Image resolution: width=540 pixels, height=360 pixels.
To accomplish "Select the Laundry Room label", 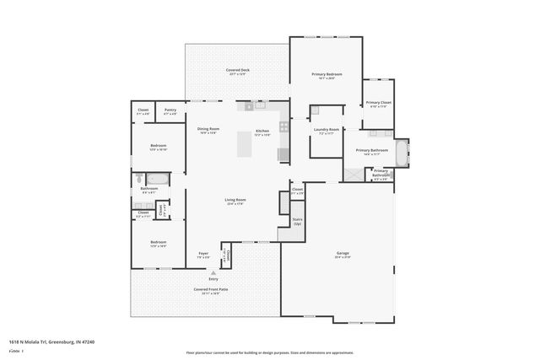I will pyautogui.click(x=326, y=129).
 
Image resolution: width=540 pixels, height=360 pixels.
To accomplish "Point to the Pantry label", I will pyautogui.click(x=170, y=110).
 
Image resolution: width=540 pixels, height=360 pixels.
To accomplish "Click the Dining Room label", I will pyautogui.click(x=208, y=129).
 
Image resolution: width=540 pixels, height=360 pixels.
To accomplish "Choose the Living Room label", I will pyautogui.click(x=235, y=200).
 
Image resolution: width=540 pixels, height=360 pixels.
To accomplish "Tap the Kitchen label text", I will pyautogui.click(x=262, y=132).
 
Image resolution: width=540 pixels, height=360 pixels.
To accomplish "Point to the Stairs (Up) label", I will pyautogui.click(x=297, y=223).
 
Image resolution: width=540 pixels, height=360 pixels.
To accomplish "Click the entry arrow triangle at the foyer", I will pyautogui.click(x=213, y=273).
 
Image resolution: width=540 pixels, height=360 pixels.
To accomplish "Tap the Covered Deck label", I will pyautogui.click(x=237, y=70).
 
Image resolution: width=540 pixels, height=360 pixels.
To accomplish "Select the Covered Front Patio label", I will pyautogui.click(x=211, y=289).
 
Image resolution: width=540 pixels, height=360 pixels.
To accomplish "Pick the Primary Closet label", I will pyautogui.click(x=377, y=103).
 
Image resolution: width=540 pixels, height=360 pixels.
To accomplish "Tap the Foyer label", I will pyautogui.click(x=203, y=254).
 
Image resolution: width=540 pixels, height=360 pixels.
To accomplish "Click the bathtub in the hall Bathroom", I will pyautogui.click(x=157, y=178).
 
